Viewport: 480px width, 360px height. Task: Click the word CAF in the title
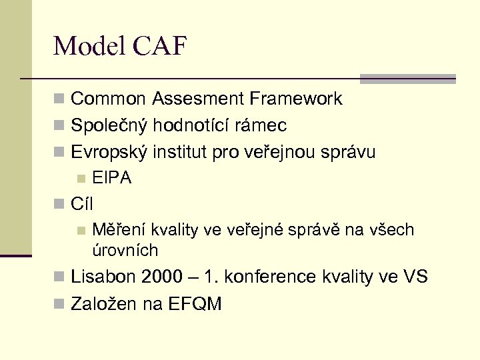(160, 46)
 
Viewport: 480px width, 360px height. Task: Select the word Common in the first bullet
(108, 99)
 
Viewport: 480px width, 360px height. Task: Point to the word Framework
(296, 99)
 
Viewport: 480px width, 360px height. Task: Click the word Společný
(109, 126)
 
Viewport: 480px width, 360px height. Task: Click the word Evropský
(109, 153)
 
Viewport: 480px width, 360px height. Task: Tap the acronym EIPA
(112, 178)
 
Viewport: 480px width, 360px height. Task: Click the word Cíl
(82, 204)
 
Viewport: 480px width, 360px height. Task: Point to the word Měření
(119, 230)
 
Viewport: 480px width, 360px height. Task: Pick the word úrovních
(125, 251)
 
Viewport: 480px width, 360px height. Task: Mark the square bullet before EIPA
(81, 178)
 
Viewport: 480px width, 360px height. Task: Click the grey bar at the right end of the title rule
(407, 79)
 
